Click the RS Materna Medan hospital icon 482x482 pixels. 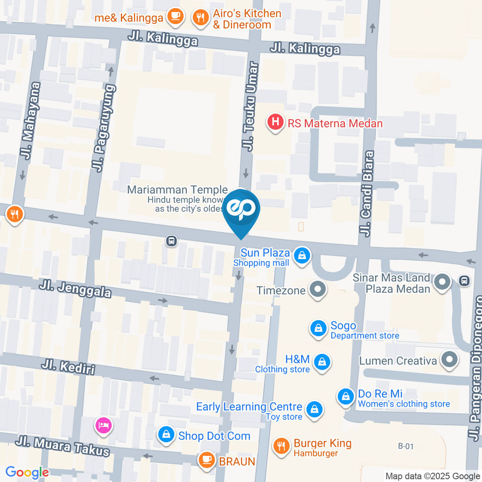tap(275, 122)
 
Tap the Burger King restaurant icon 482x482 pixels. tap(281, 445)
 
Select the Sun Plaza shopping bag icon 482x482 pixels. tap(302, 256)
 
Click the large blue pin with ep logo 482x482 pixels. tap(242, 210)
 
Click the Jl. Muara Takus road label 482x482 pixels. tap(62, 446)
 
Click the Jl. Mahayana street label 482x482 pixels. tap(30, 120)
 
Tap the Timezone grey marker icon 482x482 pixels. tap(317, 290)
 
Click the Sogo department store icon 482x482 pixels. tap(318, 329)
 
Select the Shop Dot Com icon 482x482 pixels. tap(166, 435)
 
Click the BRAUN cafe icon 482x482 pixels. tap(206, 459)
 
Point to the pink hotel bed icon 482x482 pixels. tap(103, 426)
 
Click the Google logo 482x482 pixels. tap(27, 472)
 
